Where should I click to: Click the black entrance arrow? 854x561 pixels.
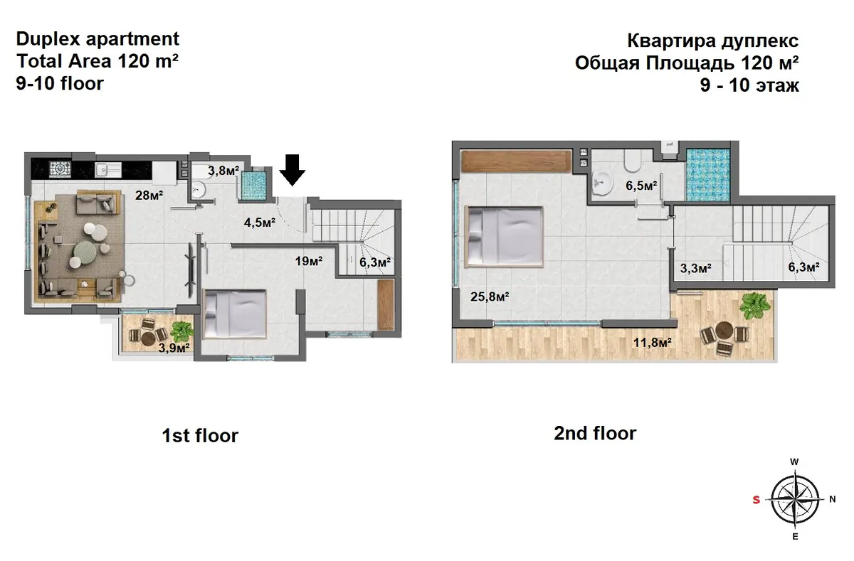292,169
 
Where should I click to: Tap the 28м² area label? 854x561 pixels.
149,196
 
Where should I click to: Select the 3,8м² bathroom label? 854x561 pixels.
223,171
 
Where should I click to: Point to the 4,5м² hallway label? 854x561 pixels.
260,223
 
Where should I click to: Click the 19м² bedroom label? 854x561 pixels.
309,261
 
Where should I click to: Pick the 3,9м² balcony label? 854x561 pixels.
174,348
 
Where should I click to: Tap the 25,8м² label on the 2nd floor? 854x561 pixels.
490,296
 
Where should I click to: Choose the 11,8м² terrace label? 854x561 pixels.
653,343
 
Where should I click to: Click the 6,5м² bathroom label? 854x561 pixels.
641,186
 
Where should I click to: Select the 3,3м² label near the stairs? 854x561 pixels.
696,268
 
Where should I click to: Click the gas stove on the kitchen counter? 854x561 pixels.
60,169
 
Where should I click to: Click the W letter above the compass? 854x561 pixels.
794,462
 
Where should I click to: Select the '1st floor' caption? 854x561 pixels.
200,435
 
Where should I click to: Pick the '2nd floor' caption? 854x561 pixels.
595,433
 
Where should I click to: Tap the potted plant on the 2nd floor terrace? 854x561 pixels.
754,306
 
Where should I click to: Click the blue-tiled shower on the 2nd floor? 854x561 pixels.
708,174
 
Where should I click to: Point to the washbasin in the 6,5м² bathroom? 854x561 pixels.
603,183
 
